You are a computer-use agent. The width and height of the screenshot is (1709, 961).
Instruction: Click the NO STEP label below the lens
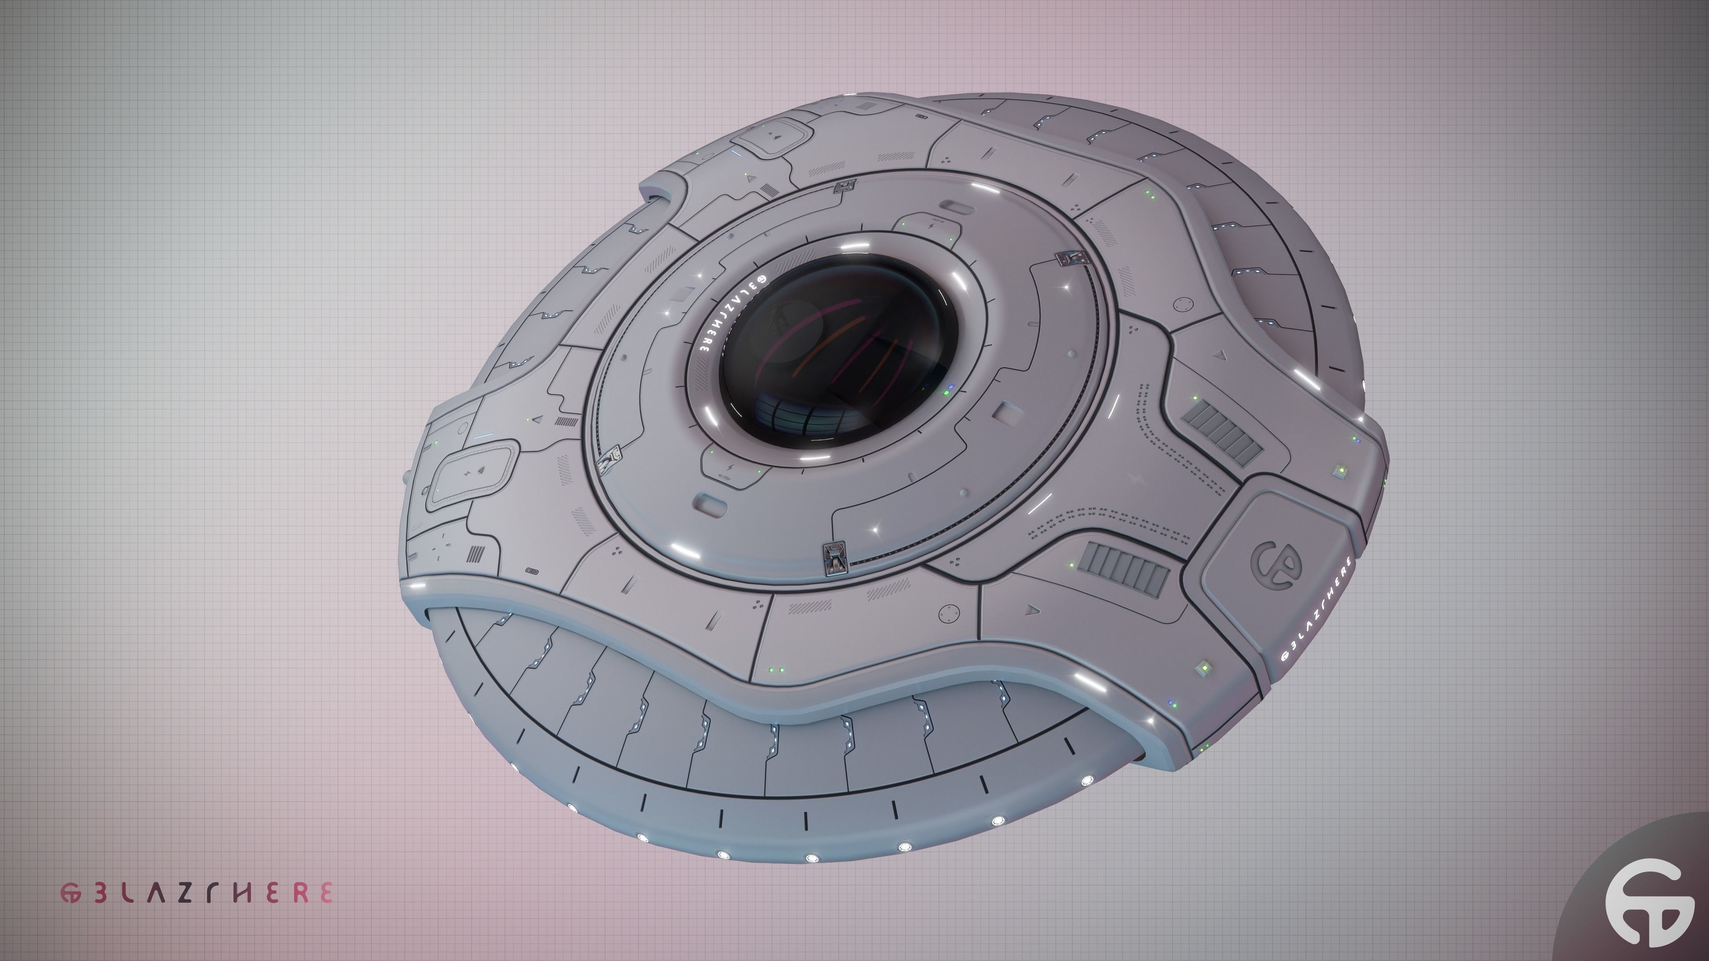click(725, 476)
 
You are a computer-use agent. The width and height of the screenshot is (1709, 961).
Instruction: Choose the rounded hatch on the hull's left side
click(472, 473)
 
